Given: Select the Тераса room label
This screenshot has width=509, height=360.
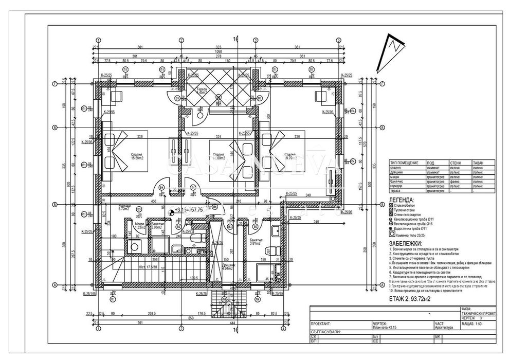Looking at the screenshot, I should click(x=202, y=91).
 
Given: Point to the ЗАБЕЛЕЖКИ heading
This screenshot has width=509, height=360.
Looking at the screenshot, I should click(x=406, y=243).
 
